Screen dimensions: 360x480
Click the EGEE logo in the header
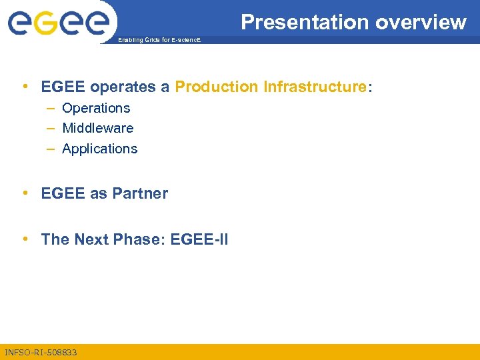coord(58,23)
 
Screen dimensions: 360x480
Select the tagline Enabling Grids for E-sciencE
coord(158,41)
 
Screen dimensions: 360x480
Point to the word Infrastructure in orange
coord(315,87)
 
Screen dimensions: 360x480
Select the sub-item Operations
coord(96,108)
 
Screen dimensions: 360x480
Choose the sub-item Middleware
coord(97,128)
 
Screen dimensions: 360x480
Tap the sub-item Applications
coord(99,149)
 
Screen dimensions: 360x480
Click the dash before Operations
coord(51,108)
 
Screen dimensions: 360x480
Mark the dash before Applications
coord(51,149)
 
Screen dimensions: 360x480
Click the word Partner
coord(140,193)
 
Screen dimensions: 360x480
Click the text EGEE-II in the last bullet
coord(199,239)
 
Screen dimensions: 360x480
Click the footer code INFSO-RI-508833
coord(41,352)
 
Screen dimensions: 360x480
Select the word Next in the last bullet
coord(93,239)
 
